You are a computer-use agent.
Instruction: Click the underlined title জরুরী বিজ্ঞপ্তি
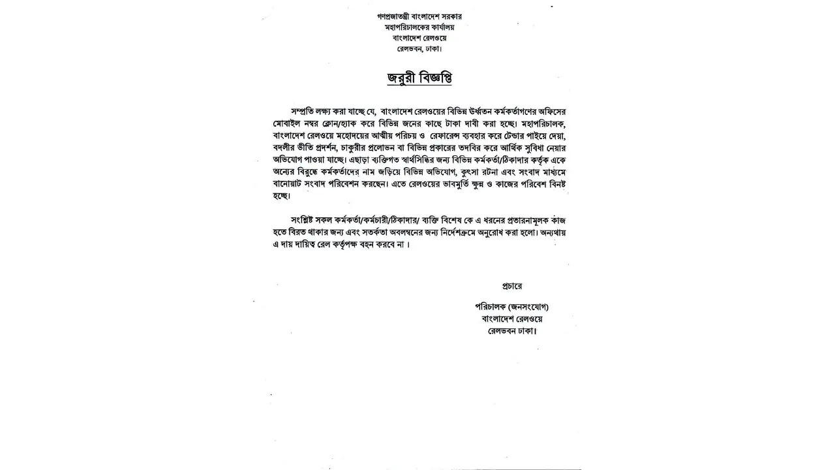[x=419, y=78]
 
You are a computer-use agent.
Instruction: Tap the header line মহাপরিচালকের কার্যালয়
[x=419, y=27]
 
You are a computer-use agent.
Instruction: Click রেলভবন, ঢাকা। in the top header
[x=419, y=49]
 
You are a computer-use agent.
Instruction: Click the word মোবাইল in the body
[x=289, y=123]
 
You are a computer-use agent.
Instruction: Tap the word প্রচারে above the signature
[x=512, y=286]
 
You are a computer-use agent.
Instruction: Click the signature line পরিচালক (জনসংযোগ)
[x=512, y=307]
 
